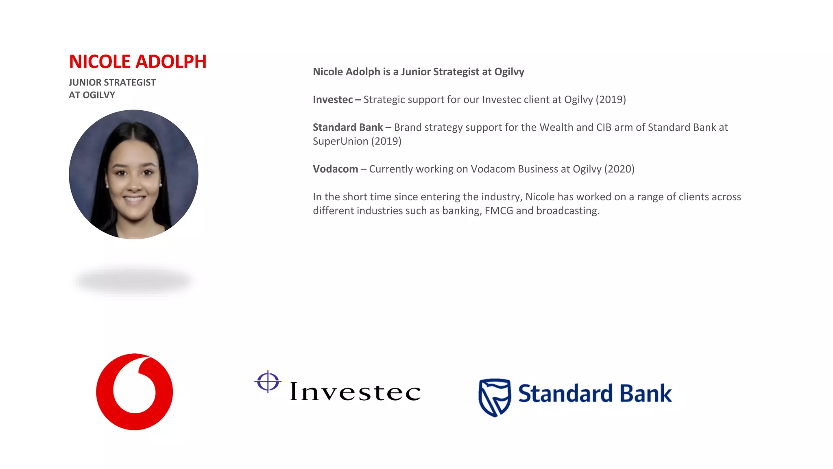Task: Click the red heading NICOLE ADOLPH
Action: pyautogui.click(x=137, y=62)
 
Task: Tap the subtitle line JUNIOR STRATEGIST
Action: pyautogui.click(x=112, y=83)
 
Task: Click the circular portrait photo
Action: pyautogui.click(x=133, y=174)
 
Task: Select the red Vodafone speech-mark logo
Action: pyautogui.click(x=134, y=392)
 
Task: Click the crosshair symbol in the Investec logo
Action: pyautogui.click(x=268, y=382)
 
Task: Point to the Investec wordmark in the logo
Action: pyautogui.click(x=355, y=392)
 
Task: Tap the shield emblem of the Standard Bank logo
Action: pyautogui.click(x=494, y=397)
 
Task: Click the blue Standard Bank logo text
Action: pyautogui.click(x=595, y=394)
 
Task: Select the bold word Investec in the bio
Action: pyautogui.click(x=333, y=100)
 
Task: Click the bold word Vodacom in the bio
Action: pyautogui.click(x=335, y=169)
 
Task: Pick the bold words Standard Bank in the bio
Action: pyautogui.click(x=348, y=127)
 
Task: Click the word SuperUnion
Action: pyautogui.click(x=340, y=141)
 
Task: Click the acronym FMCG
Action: pyautogui.click(x=499, y=211)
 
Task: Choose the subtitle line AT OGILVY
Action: pyautogui.click(x=92, y=95)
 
